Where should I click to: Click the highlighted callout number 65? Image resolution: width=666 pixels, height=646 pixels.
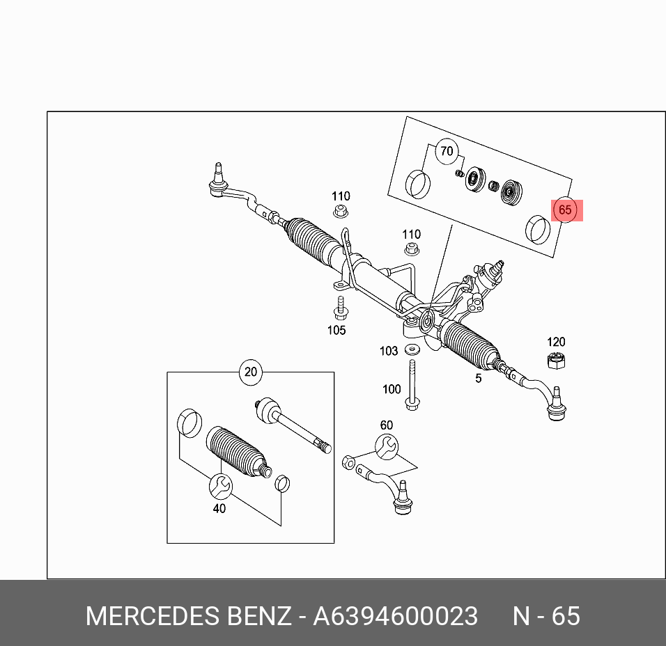click(x=565, y=210)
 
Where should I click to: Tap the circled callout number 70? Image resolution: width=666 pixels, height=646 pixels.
click(x=446, y=151)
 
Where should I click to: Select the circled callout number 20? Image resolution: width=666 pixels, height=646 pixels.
click(x=251, y=372)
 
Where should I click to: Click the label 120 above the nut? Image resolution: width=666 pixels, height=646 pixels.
click(x=556, y=342)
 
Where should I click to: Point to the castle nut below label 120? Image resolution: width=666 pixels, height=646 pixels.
click(x=555, y=361)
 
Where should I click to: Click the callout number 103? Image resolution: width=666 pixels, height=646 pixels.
click(x=389, y=351)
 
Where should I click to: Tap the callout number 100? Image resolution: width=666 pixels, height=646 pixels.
click(x=392, y=389)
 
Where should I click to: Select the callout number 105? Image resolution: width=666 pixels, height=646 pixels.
click(x=336, y=330)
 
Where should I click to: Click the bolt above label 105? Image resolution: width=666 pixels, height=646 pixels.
click(x=341, y=307)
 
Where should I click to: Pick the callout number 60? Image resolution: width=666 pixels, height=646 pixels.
click(x=386, y=425)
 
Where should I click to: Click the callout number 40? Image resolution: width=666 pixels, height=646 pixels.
click(x=219, y=508)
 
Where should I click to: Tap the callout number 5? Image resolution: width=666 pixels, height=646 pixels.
click(x=479, y=378)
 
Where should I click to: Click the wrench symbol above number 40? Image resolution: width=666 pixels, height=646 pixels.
click(x=220, y=485)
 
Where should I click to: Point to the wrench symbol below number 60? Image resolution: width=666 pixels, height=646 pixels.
click(x=386, y=445)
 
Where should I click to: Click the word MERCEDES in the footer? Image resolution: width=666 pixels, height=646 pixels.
click(x=153, y=616)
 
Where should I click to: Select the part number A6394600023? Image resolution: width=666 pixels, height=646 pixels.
click(x=395, y=616)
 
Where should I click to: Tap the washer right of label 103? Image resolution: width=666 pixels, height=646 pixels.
click(x=412, y=349)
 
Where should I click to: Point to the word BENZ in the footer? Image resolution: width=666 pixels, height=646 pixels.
click(x=259, y=616)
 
